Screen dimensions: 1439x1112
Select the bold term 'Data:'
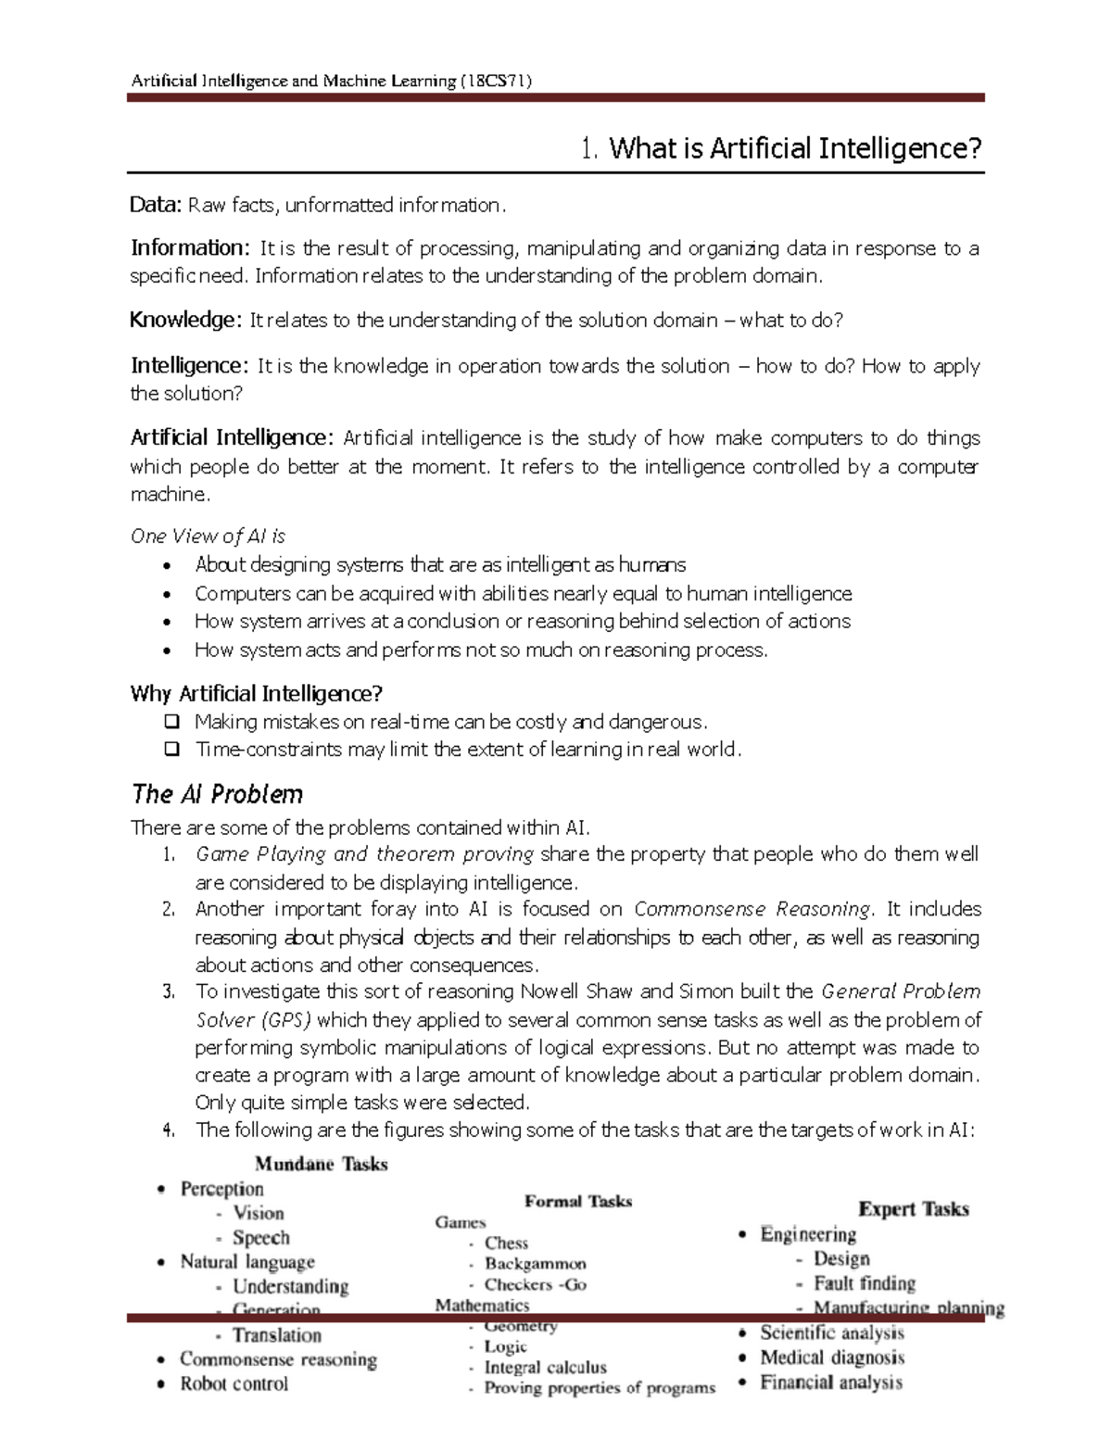[x=156, y=205]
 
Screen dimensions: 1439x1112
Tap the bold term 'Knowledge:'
[x=185, y=320]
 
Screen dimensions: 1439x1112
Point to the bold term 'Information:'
[x=190, y=247]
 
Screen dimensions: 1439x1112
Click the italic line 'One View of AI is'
[x=208, y=536]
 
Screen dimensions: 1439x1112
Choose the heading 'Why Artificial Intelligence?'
[x=257, y=693]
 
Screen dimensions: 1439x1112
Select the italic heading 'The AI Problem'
[x=217, y=794]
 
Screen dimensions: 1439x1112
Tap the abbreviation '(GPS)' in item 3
[x=285, y=1020]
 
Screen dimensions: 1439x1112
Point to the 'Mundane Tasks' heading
[x=321, y=1164]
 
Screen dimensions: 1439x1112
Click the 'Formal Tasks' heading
[x=578, y=1202]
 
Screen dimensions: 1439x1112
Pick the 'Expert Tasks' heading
[x=913, y=1209]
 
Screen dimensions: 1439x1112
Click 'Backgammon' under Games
[x=535, y=1264]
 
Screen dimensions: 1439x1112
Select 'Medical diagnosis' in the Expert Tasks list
[x=832, y=1357]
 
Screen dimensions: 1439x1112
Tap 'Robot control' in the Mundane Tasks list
[x=234, y=1383]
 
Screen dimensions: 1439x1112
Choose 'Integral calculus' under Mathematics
[x=545, y=1368]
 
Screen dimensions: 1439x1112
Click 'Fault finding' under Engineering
[x=864, y=1283]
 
